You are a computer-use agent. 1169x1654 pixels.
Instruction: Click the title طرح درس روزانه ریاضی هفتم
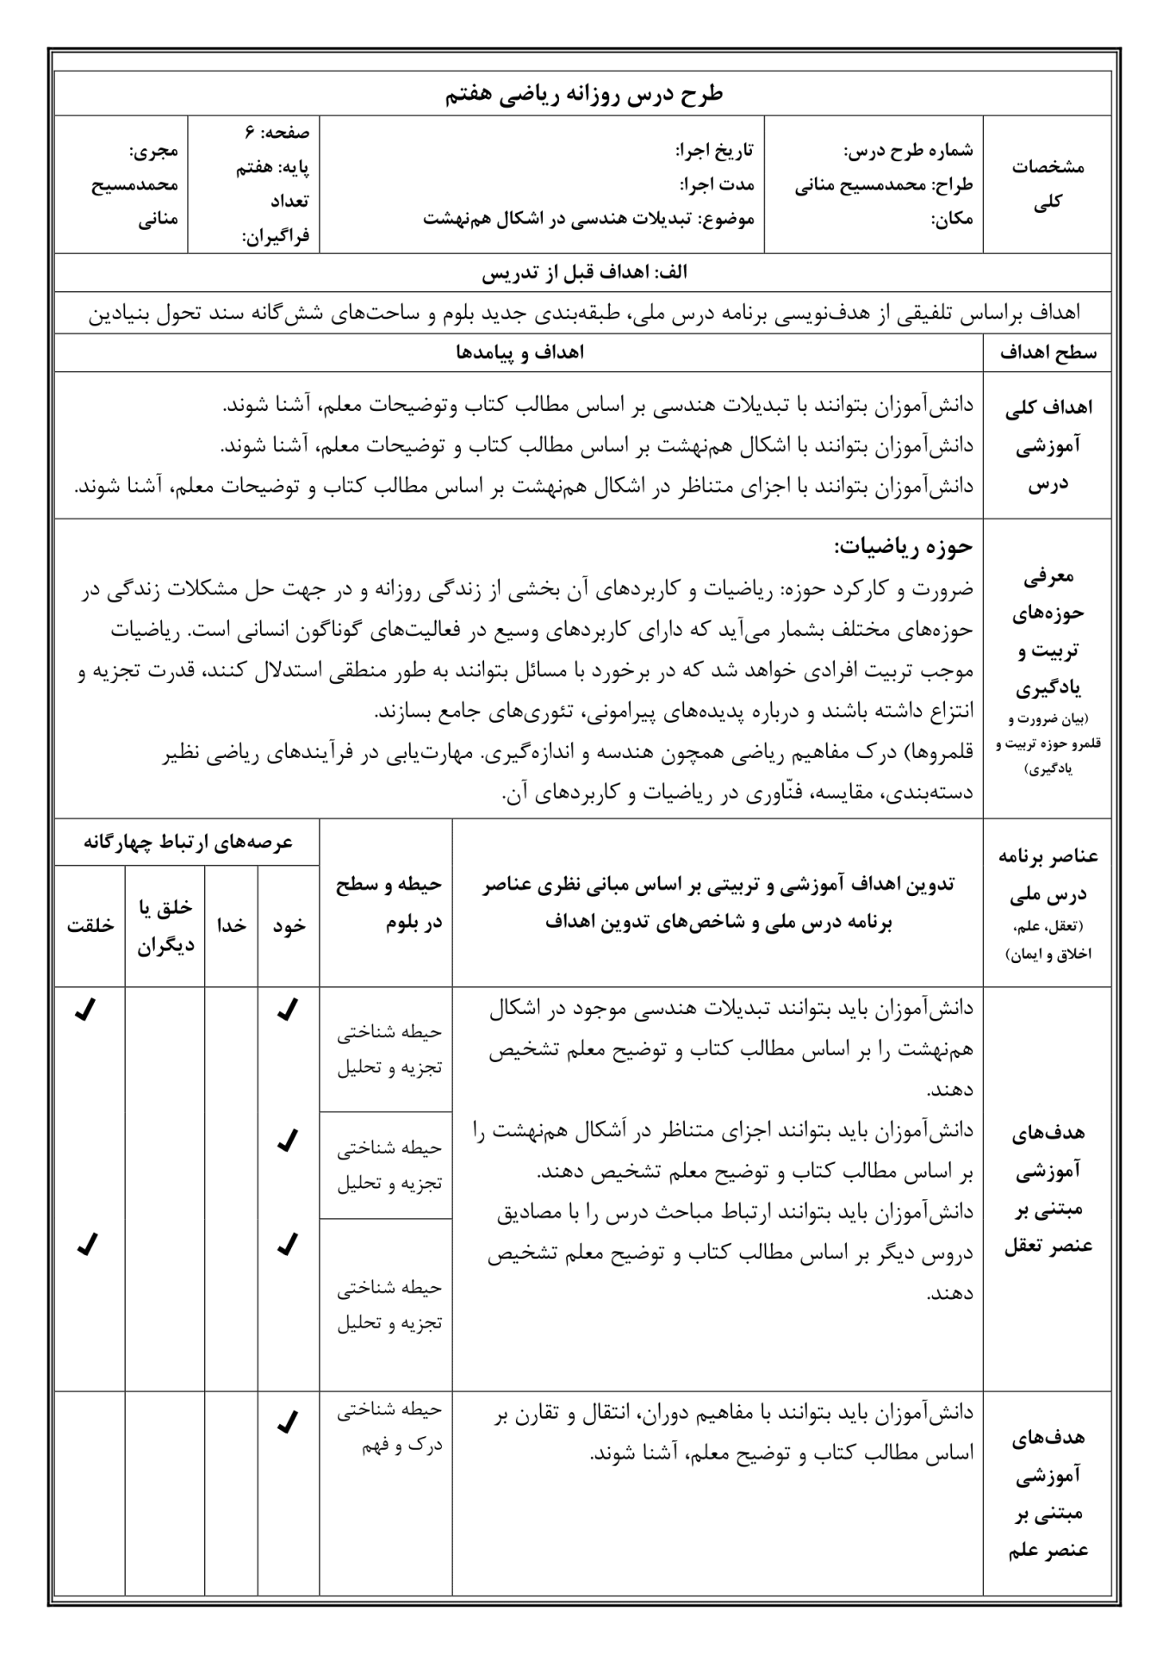(x=584, y=95)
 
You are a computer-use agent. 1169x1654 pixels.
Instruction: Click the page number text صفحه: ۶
(x=277, y=133)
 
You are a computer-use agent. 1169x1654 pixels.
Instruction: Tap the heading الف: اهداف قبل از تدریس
(x=584, y=273)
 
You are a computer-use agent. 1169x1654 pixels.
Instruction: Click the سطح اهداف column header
(x=1047, y=353)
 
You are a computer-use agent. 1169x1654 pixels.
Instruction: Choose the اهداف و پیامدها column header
(x=519, y=353)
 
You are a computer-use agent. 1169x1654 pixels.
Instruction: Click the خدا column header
(x=232, y=925)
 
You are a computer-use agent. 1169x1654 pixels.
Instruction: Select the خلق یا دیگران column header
(x=165, y=925)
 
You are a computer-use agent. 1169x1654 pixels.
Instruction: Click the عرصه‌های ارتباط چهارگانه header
(x=188, y=842)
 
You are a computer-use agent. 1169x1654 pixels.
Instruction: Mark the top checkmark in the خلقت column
(x=85, y=1009)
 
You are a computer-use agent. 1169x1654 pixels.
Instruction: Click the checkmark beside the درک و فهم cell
(x=288, y=1422)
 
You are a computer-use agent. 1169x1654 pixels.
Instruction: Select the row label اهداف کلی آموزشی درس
(x=1047, y=445)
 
